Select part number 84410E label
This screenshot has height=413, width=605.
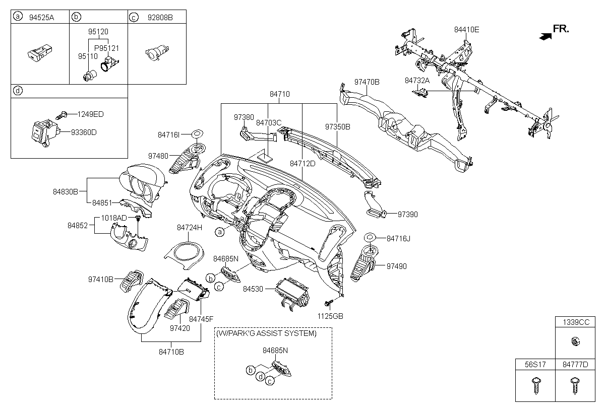point(466,30)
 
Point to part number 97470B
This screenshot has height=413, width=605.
point(367,82)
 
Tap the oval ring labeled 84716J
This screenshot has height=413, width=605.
point(369,237)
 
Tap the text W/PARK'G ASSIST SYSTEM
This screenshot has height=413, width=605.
point(266,333)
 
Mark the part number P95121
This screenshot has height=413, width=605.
point(106,48)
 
